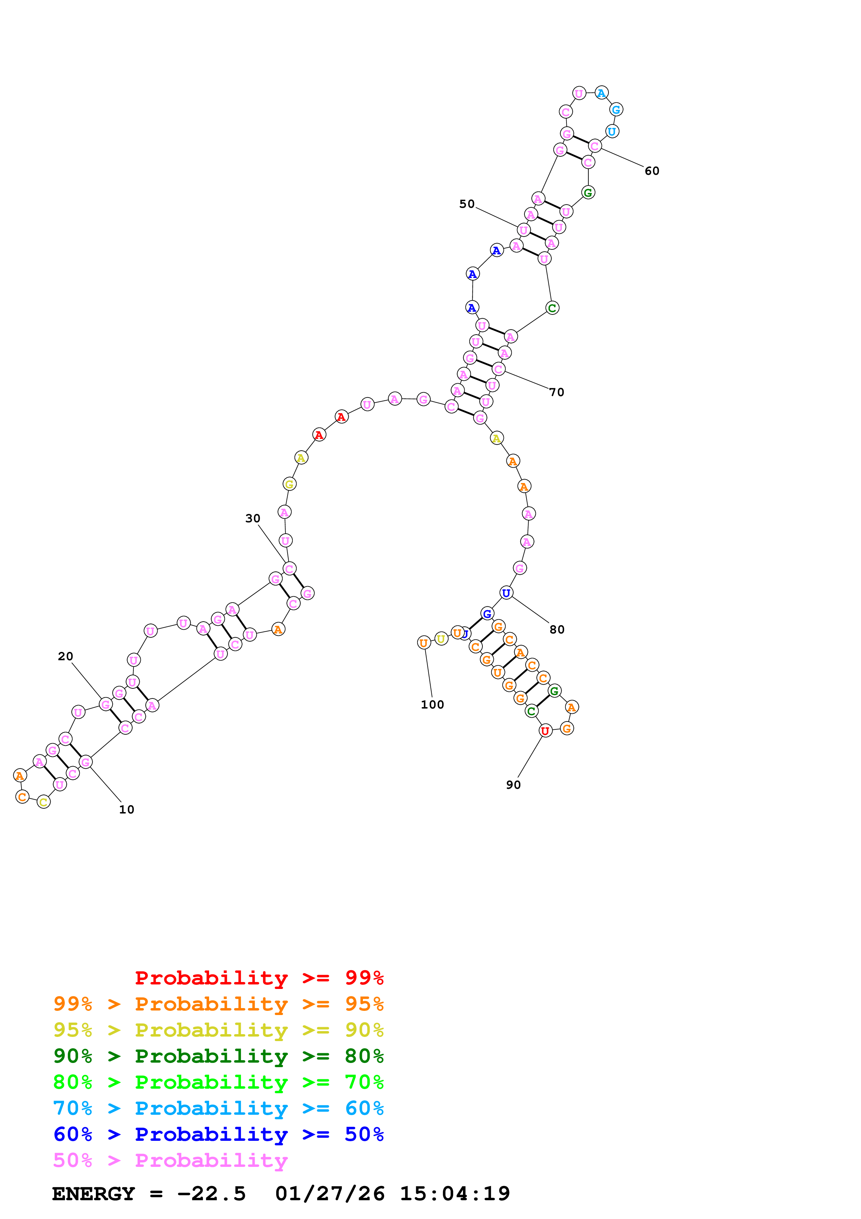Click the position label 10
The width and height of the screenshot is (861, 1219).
[126, 810]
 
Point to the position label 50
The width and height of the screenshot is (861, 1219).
[467, 204]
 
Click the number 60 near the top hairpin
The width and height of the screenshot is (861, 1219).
[652, 171]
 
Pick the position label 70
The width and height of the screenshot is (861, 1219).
[556, 392]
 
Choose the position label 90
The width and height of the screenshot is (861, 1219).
[513, 785]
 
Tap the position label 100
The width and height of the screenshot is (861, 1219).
[432, 704]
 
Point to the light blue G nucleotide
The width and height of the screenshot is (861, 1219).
[616, 110]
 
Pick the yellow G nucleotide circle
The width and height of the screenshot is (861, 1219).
[289, 484]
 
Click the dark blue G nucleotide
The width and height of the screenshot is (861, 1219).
[487, 614]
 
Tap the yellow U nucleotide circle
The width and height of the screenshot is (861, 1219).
[441, 639]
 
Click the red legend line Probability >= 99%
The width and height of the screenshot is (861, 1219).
[259, 978]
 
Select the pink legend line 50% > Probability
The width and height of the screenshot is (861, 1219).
[170, 1160]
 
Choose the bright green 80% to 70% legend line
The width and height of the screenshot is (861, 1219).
[218, 1082]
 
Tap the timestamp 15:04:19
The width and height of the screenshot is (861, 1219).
[455, 1194]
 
